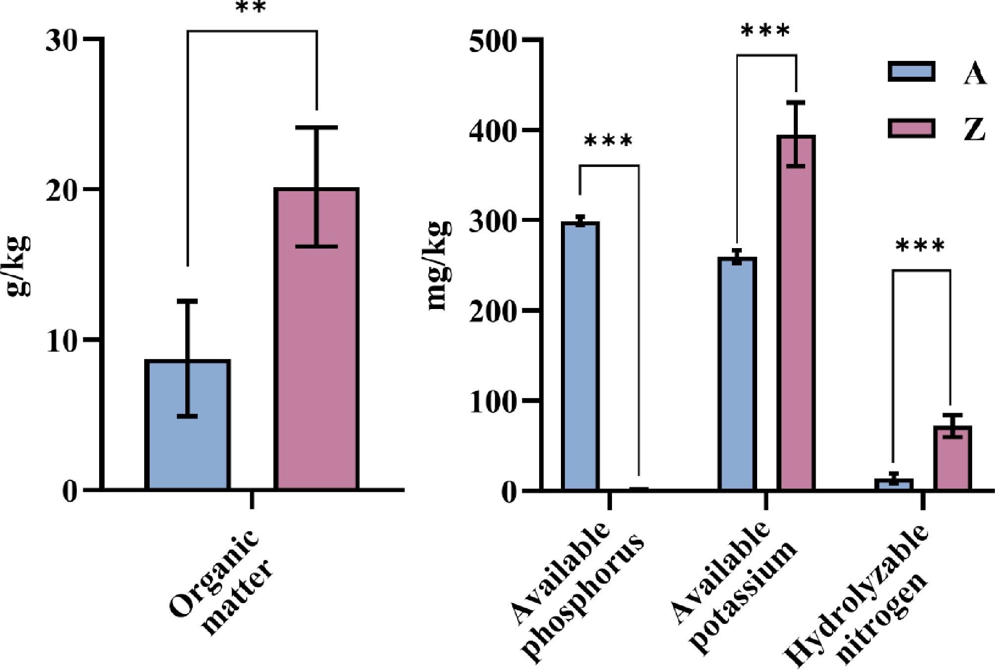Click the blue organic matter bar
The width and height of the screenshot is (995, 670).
point(187,424)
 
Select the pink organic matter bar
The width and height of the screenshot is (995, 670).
point(317,339)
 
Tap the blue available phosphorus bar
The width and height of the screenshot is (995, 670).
point(580,356)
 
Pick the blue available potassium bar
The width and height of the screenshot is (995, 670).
point(737,374)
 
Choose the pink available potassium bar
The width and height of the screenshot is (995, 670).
point(796,312)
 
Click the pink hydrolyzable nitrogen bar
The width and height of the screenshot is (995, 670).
point(952,458)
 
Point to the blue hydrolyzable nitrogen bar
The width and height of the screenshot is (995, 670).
point(893,484)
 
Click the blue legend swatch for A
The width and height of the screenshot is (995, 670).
point(911,71)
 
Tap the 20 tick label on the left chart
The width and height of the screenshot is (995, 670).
point(62,191)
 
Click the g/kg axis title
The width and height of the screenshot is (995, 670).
point(19,266)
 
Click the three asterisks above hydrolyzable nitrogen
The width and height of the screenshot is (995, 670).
point(920,246)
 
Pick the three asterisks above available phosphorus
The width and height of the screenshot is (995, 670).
point(608,141)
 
